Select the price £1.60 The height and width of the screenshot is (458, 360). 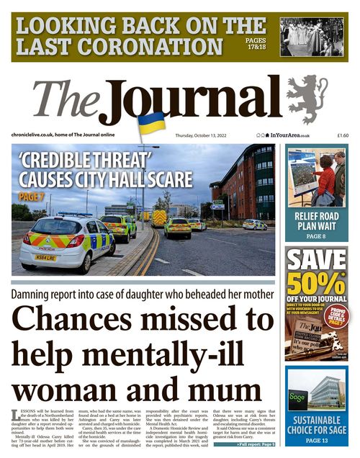(x=342, y=135)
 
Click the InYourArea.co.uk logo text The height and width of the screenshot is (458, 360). (x=289, y=135)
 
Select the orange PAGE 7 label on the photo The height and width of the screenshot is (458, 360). (x=32, y=195)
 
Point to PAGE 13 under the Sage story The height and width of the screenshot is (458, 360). (x=317, y=440)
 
